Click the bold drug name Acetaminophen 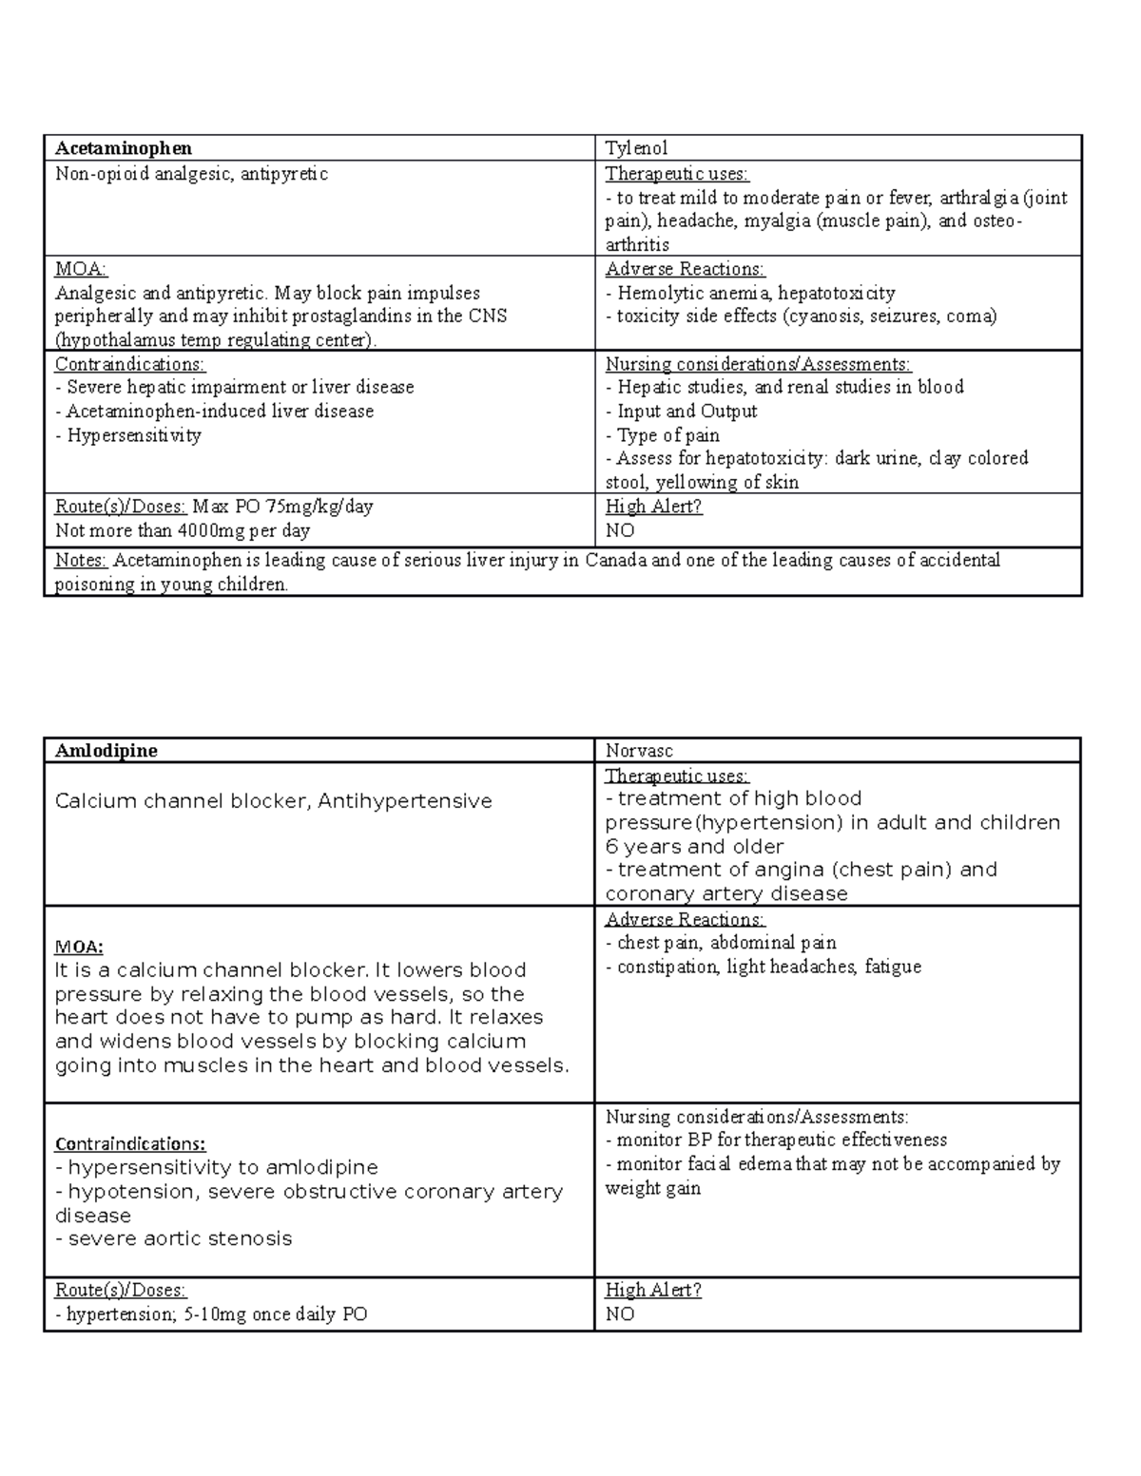(124, 148)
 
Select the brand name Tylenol (636, 148)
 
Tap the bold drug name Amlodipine (106, 751)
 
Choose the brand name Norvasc (639, 751)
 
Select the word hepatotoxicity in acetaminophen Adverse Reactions (837, 293)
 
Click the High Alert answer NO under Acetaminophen (619, 530)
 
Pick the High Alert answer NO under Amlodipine (619, 1314)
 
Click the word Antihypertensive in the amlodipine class (405, 801)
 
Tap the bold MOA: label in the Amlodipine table (79, 947)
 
